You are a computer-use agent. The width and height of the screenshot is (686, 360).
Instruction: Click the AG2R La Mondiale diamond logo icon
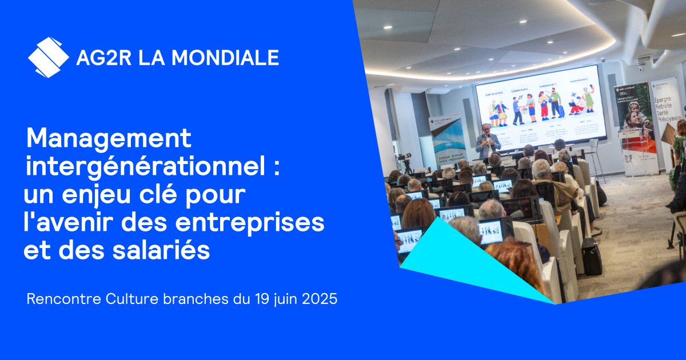48,57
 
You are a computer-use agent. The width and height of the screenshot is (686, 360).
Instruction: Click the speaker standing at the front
487,140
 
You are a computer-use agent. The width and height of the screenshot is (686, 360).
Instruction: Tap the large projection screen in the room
540,106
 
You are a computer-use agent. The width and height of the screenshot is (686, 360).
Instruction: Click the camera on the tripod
405,158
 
